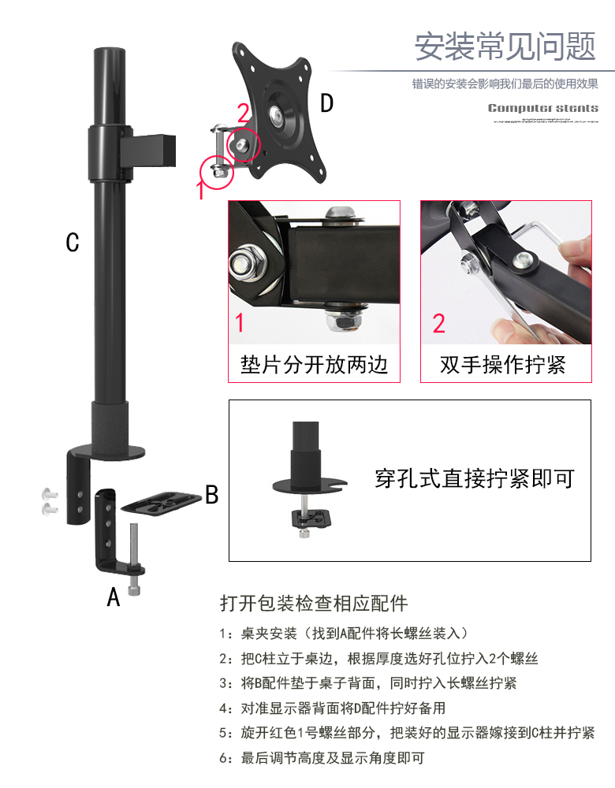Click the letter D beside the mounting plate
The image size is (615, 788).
(x=327, y=103)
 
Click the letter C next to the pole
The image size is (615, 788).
(x=73, y=242)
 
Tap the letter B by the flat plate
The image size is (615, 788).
(x=212, y=495)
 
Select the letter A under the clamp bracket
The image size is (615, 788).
(x=114, y=597)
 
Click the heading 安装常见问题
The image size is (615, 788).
(x=505, y=46)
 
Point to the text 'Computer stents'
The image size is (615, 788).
(x=543, y=108)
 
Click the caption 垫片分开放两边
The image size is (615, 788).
(x=315, y=364)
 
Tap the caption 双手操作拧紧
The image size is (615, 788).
(x=503, y=365)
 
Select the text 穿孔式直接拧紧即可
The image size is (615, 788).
(x=475, y=478)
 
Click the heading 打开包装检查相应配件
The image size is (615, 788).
(x=314, y=603)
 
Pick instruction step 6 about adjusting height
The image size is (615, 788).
(x=322, y=757)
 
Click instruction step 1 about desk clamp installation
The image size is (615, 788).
(x=345, y=634)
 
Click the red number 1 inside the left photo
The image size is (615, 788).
(x=240, y=322)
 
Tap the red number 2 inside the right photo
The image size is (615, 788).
(x=439, y=323)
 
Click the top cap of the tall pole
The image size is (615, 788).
(x=110, y=52)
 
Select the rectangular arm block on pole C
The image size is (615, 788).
(x=148, y=151)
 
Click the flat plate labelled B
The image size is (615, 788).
(x=161, y=503)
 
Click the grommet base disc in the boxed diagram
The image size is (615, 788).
(x=310, y=485)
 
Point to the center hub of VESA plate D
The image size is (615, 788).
(x=277, y=115)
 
